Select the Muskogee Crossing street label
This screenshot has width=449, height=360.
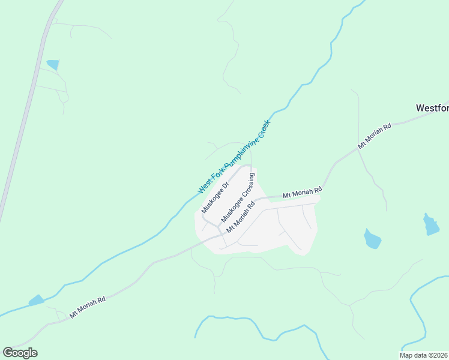(x=238, y=197)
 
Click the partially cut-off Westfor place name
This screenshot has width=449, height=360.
(x=432, y=108)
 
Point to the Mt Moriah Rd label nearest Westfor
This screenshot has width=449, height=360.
(x=374, y=136)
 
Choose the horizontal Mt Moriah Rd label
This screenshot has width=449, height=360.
(x=302, y=193)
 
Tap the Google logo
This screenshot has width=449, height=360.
(x=20, y=353)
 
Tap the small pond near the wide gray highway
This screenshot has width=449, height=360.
(x=53, y=64)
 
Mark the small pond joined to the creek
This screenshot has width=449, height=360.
(x=36, y=299)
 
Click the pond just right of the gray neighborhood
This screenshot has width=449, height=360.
(x=372, y=239)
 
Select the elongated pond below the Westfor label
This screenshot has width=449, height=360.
(x=430, y=224)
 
